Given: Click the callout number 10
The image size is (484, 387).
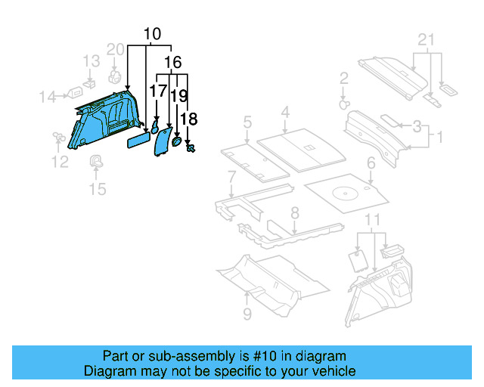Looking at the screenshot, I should coord(152,34).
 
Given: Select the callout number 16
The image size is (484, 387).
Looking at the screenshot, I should coord(172,62).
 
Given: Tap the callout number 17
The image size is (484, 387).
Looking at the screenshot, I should coord(157,91).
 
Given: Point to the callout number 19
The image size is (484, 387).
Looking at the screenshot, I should coord(178,95).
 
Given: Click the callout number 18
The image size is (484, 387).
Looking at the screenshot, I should coord(189,119).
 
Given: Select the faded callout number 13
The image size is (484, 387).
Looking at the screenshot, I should coord(91,61).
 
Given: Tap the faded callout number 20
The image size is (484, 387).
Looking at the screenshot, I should coord(115,50).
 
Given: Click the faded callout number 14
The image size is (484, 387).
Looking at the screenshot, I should coord(48,96).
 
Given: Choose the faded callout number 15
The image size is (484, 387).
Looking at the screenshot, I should coord(98,188).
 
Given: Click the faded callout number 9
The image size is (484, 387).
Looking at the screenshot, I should coord(247,314).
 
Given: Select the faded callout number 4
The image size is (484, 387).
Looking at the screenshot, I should coord(285,113).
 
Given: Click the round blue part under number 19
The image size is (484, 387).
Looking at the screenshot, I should coord(177,140).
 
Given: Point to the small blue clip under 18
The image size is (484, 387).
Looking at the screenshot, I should coord(190,147).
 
